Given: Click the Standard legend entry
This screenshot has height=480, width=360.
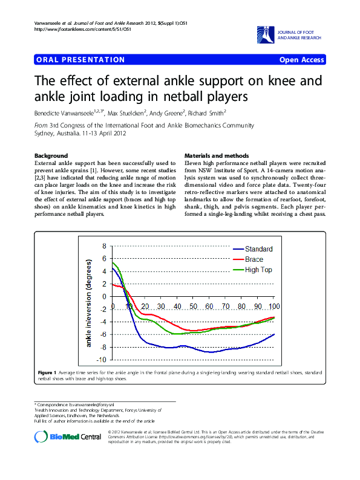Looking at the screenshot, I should [258, 249].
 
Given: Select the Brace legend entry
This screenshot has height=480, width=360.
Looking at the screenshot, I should [254, 259].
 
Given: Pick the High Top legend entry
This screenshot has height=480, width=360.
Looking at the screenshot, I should [258, 270].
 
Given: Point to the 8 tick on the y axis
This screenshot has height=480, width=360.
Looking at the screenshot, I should [104, 246].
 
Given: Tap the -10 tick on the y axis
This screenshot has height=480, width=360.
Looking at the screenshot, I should [101, 360].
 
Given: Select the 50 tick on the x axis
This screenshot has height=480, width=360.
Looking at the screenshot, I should [193, 306].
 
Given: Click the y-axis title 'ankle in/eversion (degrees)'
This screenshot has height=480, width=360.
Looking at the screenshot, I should [88, 303].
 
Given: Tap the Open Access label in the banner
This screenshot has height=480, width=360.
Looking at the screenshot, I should [301, 60].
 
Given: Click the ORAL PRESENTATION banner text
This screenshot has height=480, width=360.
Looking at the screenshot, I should [80, 60].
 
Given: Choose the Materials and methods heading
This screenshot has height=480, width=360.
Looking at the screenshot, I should [217, 155].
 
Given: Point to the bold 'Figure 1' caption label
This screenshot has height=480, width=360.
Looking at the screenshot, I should [47, 372].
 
